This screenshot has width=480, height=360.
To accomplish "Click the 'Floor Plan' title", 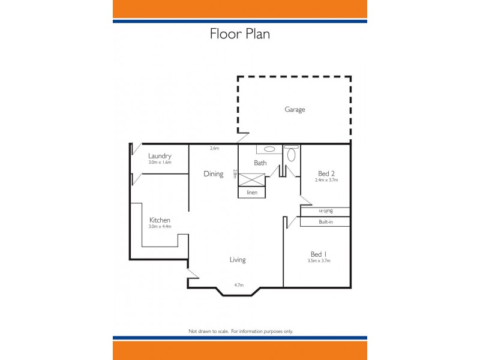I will [239, 34].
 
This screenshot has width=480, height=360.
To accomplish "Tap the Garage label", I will [295, 110].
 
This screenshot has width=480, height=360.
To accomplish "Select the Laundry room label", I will [160, 156].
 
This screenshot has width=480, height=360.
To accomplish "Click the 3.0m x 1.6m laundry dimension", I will [160, 163].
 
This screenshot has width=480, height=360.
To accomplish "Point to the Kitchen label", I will [160, 220].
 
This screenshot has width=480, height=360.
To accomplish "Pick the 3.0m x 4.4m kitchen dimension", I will [160, 227].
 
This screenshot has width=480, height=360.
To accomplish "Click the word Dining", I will [213, 174].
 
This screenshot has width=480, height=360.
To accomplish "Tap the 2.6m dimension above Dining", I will [214, 148].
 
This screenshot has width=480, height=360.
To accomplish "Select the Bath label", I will [260, 163].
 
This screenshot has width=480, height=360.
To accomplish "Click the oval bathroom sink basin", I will [269, 149].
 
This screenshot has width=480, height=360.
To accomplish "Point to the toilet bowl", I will [292, 155].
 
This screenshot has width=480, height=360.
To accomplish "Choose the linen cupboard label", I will [252, 193].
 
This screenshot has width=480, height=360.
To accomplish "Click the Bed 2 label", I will [326, 173].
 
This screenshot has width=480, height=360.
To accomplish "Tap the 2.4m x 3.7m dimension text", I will [327, 180].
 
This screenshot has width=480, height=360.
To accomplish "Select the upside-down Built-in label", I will [326, 211].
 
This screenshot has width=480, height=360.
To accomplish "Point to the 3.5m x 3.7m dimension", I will [319, 260].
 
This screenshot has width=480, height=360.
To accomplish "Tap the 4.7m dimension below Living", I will [238, 285].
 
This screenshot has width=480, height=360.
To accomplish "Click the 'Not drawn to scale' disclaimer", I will [240, 331].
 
